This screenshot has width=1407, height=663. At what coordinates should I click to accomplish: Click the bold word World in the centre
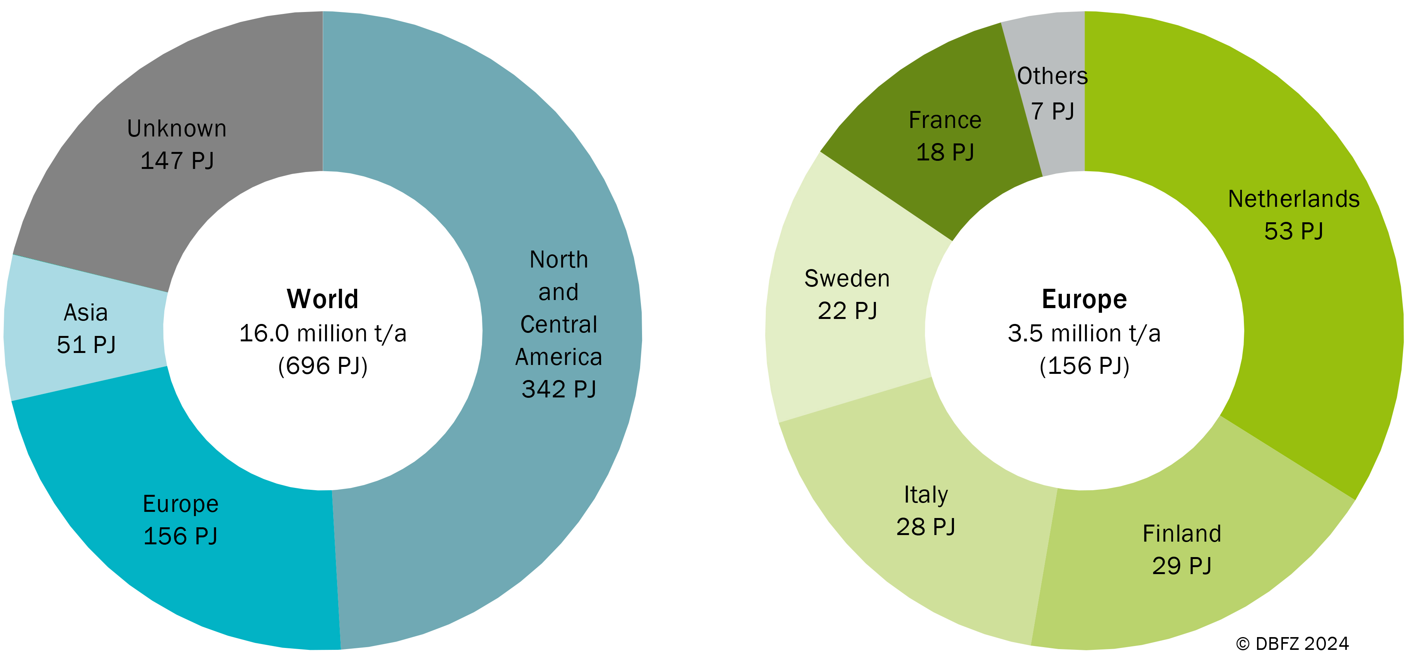pos(323,299)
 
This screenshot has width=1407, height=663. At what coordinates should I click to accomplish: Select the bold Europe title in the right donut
pos(1084,299)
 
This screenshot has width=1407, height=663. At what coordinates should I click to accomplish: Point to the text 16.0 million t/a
pos(323,333)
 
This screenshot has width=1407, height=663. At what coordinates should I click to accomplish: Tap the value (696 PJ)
pos(323,365)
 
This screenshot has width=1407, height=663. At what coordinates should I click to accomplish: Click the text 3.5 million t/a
pos(1084,333)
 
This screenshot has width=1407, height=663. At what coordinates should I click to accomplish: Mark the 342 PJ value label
pos(559,389)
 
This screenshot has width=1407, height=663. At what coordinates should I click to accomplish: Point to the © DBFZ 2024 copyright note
pos(1292,644)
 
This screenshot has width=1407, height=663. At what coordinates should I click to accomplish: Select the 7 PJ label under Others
pos(1053,111)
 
